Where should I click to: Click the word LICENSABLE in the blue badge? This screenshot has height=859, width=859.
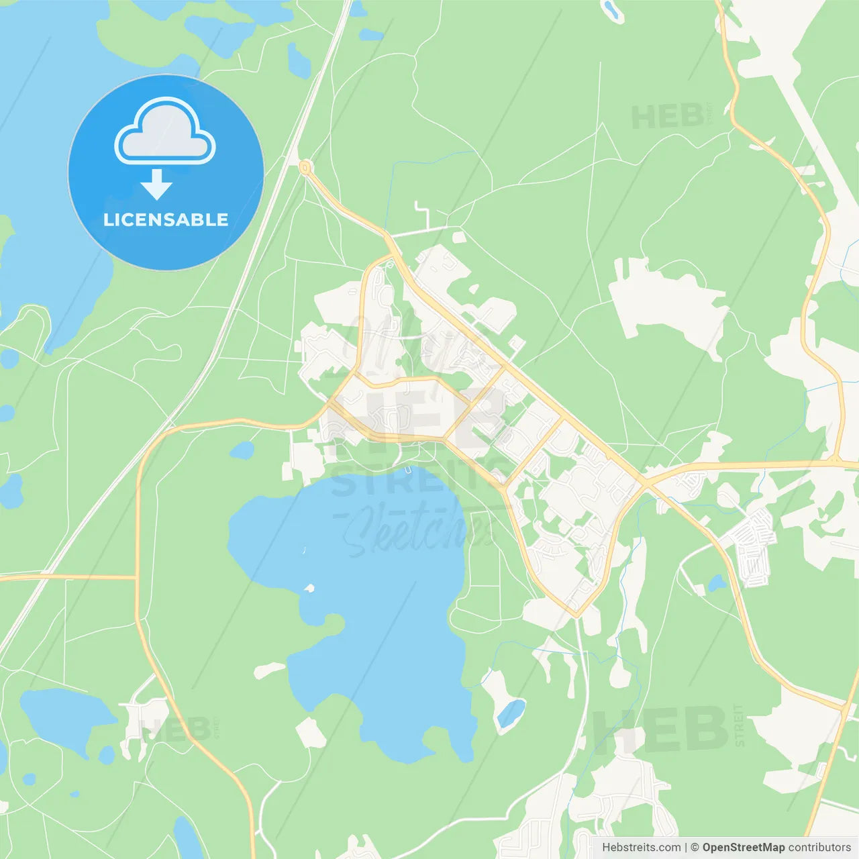(x=166, y=220)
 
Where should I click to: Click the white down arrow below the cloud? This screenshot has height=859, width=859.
(x=156, y=185)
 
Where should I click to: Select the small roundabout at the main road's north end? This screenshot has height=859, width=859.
(x=305, y=166)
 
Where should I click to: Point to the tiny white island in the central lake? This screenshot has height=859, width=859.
(x=309, y=589)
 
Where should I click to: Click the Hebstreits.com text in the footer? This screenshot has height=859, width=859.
(x=641, y=848)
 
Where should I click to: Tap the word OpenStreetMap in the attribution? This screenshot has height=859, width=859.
(x=743, y=848)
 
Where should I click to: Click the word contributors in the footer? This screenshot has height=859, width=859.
(x=819, y=848)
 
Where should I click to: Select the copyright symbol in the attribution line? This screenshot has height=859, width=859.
(x=695, y=848)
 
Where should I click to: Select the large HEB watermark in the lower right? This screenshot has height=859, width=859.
(x=661, y=729)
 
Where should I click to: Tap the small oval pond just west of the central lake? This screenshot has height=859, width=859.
(x=242, y=450)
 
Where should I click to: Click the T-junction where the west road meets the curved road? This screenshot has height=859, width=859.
(x=137, y=577)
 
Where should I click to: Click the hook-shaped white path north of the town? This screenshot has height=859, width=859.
(x=423, y=213)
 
